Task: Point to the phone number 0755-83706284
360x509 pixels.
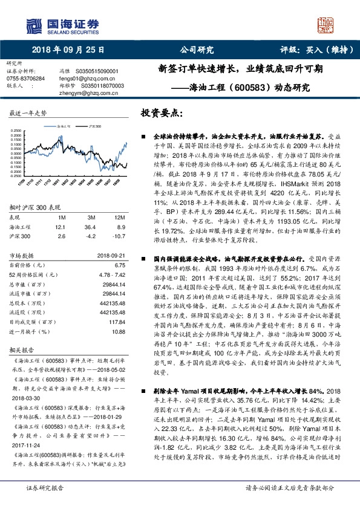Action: coord(25,79)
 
